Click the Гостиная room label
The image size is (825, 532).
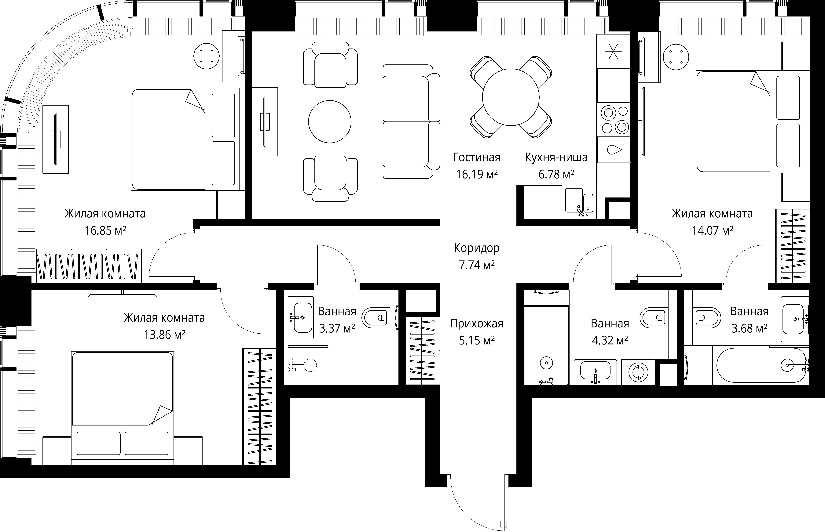pyautogui.click(x=477, y=157)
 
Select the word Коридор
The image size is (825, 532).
pyautogui.click(x=477, y=248)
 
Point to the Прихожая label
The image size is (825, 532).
pyautogui.click(x=477, y=324)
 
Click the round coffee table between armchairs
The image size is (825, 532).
pyautogui.click(x=330, y=122)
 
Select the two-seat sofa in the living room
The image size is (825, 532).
pyautogui.click(x=411, y=122)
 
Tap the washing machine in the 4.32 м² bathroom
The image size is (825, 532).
pyautogui.click(x=638, y=372)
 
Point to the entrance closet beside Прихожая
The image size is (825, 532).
pyautogui.click(x=422, y=351)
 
